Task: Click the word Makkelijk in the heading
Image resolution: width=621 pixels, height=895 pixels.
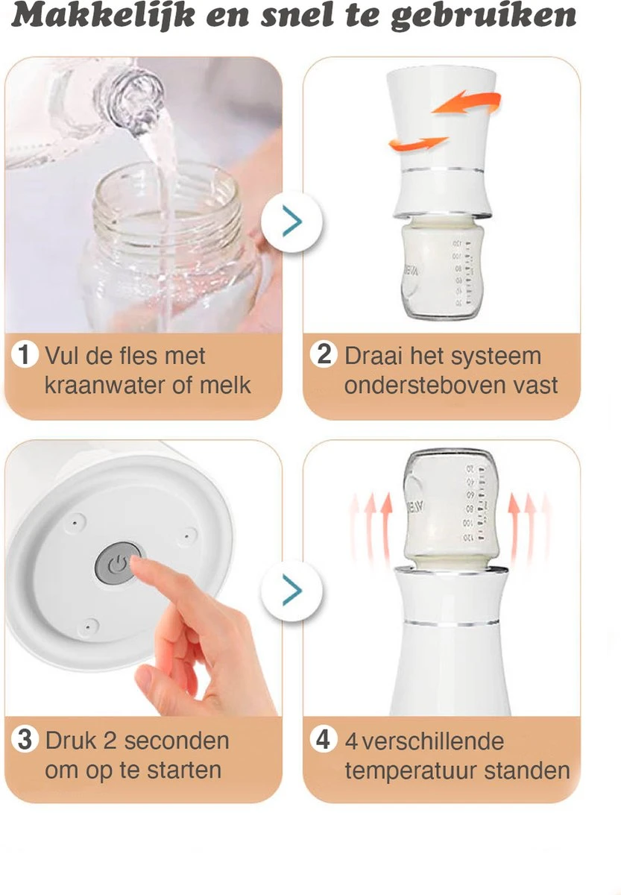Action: point(103,16)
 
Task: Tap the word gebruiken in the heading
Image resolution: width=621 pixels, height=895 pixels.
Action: point(483,18)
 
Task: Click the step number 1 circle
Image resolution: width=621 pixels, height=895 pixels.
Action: point(25,354)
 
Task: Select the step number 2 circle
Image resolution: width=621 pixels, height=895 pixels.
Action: point(324,354)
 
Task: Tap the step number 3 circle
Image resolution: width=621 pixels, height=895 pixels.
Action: point(25,739)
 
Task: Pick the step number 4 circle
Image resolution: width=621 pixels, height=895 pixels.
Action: point(324,739)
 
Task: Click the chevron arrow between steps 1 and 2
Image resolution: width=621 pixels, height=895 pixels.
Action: point(292,222)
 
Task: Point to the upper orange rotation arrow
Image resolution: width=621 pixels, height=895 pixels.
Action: point(467,102)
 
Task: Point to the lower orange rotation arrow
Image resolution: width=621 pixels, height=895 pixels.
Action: point(417,143)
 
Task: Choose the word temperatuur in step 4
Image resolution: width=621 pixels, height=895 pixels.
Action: point(411,771)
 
